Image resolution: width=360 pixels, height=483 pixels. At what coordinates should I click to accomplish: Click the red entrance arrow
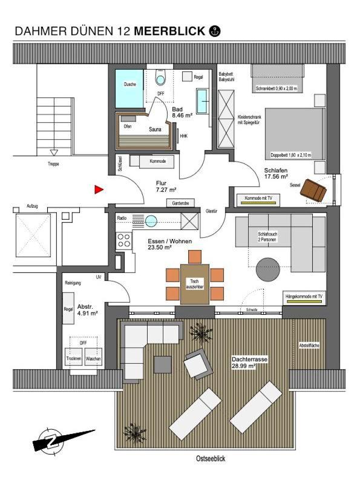99,190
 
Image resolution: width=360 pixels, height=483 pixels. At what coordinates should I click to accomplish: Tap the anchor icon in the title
215,31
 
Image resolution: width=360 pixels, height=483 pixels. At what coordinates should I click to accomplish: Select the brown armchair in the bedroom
313,191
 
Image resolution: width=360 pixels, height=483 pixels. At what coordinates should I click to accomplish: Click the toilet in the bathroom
160,77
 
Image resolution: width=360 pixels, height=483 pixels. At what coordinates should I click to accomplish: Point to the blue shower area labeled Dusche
129,89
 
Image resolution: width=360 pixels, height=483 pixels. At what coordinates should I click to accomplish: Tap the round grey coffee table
268,269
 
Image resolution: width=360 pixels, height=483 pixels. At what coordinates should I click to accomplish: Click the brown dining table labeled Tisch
195,284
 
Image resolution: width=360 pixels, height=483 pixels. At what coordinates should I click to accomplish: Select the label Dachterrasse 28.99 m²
249,363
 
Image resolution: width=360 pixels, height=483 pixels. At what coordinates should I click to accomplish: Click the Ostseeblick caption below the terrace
211,458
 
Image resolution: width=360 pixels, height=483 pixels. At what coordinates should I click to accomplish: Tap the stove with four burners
124,240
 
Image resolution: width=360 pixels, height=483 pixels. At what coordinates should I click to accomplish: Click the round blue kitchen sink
151,221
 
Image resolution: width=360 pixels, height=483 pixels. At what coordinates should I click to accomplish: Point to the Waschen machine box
93,356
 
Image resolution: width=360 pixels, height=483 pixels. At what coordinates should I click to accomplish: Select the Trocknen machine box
74,356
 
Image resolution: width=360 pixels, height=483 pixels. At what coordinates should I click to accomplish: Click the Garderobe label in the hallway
180,203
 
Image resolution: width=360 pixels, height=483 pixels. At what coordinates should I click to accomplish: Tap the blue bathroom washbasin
203,101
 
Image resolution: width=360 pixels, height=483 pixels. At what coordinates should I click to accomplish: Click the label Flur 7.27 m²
166,186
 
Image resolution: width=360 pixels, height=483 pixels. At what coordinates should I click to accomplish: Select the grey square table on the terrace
163,364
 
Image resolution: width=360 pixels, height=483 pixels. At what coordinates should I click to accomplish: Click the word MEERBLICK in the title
169,31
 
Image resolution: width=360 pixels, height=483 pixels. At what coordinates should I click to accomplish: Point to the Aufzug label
32,206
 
